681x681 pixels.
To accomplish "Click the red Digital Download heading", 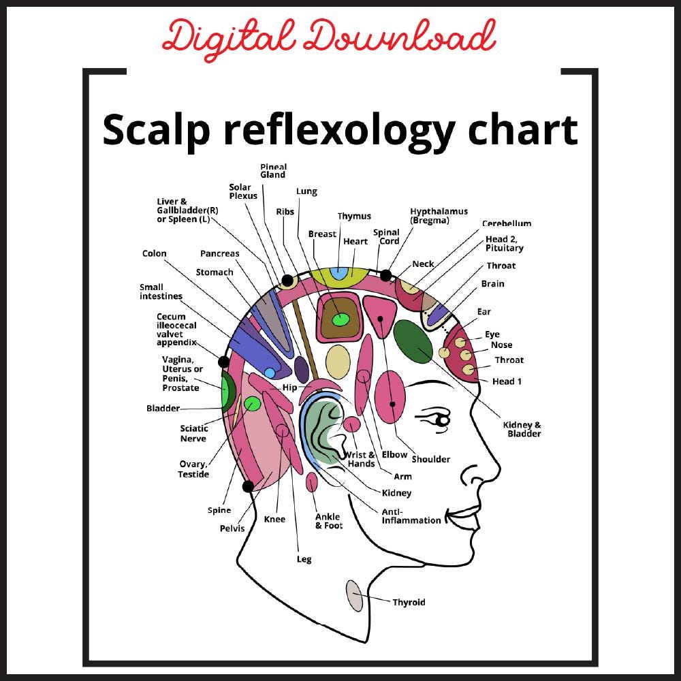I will point(329,37).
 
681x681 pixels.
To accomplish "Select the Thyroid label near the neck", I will point(409,602).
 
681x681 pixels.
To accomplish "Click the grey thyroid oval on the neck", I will point(354,595).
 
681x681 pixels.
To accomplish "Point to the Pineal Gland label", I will point(273,171).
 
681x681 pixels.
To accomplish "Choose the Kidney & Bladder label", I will point(522,430).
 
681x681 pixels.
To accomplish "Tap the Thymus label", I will point(354,217).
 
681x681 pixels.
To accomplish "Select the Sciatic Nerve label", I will point(193,434).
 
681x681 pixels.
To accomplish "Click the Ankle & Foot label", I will point(329,521).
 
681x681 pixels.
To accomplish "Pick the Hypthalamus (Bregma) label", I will point(439,216).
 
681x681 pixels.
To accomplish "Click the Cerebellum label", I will point(507,223).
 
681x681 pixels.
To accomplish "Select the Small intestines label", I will point(161,291).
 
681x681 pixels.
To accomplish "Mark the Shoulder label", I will point(430,459).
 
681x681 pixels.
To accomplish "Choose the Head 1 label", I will point(507,381).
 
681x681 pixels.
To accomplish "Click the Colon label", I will point(154,253).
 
